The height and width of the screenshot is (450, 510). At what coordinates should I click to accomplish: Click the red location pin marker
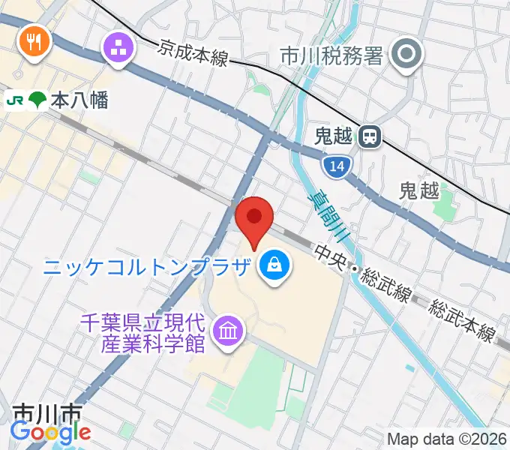tap(254, 219)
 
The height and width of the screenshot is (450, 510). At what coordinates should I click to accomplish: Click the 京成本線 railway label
tap(193, 53)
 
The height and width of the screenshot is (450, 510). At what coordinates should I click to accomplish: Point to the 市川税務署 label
tap(331, 55)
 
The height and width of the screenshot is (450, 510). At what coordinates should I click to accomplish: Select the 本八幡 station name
tap(79, 100)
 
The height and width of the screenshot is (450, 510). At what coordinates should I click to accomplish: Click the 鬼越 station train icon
tap(369, 136)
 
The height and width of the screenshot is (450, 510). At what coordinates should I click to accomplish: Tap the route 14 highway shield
tap(338, 166)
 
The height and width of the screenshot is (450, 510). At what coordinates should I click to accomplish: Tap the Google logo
tap(50, 432)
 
